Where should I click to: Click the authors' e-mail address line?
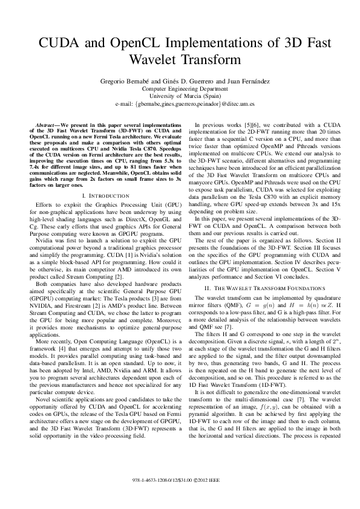point(180,103)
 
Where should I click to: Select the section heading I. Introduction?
point(104,196)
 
